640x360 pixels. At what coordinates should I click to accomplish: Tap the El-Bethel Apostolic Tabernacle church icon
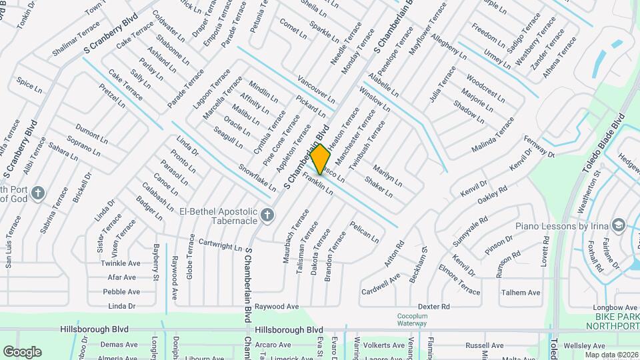tap(267, 215)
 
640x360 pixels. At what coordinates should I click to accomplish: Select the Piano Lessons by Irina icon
tap(619, 225)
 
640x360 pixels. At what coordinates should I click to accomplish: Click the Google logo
tap(22, 351)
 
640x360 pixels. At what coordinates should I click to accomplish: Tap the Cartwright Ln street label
tap(219, 245)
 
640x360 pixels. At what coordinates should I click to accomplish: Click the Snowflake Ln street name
tap(257, 178)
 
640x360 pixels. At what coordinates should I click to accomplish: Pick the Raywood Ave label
tap(279, 306)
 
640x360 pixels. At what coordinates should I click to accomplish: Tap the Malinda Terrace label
tap(493, 134)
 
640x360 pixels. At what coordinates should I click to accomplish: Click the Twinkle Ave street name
tap(121, 263)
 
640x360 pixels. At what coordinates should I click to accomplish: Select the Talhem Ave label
tap(521, 292)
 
